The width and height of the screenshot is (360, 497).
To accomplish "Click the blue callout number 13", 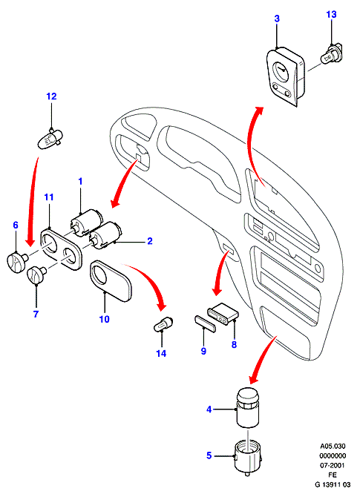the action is pos(331,15).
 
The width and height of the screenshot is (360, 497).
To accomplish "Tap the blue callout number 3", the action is pos(277,19).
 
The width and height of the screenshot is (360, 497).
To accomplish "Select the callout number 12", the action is pos(51,96).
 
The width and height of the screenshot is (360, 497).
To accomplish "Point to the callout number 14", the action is pos(161,353).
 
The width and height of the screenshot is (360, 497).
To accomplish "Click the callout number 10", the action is pos(105,319).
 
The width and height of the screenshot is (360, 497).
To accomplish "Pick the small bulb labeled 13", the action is pos(332,55).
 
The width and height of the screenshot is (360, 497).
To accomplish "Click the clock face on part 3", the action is pos(281,70).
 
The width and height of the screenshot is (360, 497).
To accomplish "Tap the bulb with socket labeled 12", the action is pos(50,139).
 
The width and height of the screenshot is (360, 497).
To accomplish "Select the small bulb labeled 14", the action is pos(163,324).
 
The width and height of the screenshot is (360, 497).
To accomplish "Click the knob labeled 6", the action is pos(16,260).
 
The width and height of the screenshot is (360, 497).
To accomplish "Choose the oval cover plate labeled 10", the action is pos(111,280).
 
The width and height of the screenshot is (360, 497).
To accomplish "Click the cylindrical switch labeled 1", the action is pos(86,223).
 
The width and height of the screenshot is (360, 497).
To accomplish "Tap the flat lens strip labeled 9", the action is pos(205,323).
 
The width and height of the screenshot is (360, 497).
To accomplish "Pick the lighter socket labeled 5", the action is pos(247,457).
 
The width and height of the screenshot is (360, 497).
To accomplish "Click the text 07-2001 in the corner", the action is pos(333,465).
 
